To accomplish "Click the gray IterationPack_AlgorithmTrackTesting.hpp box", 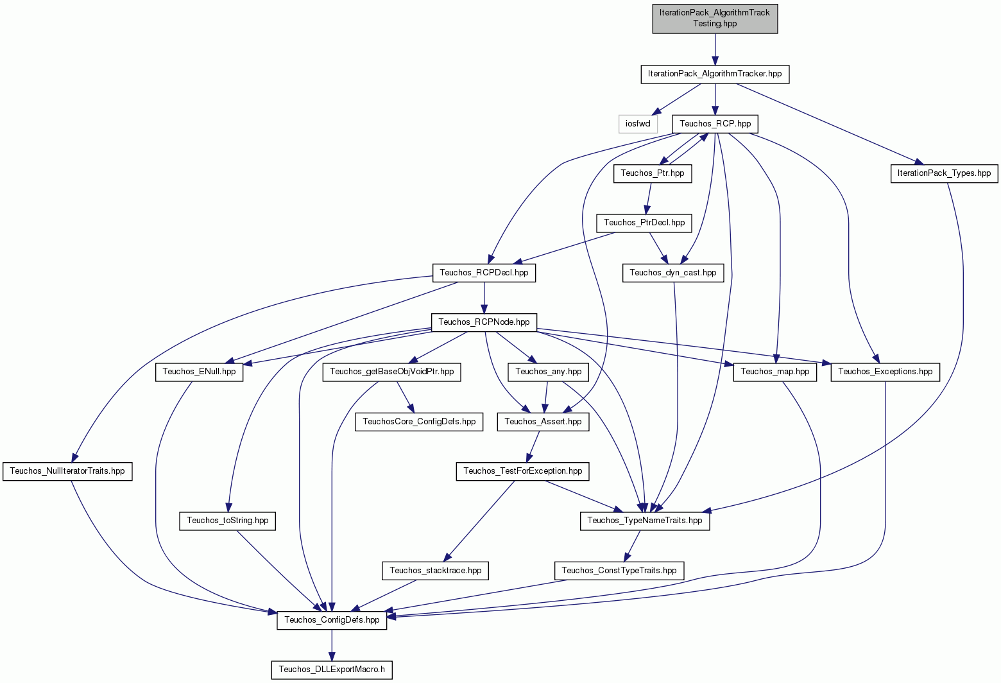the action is coord(715,19).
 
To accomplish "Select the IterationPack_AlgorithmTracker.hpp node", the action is coord(715,74).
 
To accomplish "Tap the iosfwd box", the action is coord(638,124).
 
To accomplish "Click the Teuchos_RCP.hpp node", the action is coord(715,124).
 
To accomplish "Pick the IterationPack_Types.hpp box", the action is coord(944,173).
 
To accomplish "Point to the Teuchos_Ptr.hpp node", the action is coord(653,173).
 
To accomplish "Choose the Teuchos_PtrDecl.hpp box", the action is coord(644,223).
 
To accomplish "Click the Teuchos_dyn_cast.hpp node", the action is coord(672,273).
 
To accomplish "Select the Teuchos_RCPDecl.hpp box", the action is coord(484,273).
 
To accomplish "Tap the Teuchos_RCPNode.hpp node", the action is coord(484,322).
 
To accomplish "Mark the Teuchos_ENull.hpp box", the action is coord(199,372).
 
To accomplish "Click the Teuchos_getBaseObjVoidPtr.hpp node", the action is coord(391,372).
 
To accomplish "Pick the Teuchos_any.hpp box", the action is coord(549,372).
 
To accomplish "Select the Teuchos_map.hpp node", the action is coord(774,372).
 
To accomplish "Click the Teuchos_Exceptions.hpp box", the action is coord(885,372).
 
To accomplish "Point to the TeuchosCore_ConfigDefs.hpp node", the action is coord(419,422).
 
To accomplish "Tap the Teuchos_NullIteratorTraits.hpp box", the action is coord(67,471).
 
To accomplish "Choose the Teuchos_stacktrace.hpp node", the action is coord(435,571).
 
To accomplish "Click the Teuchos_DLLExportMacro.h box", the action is coord(332,670).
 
